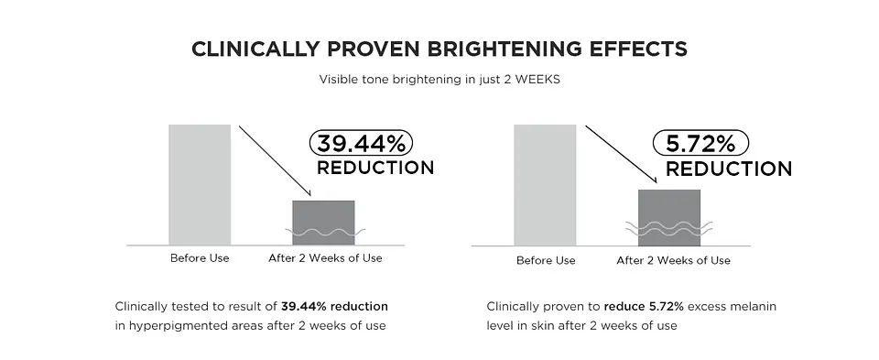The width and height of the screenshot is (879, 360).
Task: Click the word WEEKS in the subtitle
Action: [536, 79]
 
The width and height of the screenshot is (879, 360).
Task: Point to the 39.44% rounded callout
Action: [363, 143]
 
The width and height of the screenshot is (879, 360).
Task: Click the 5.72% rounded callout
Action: [700, 144]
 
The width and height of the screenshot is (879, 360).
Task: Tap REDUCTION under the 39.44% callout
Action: [374, 169]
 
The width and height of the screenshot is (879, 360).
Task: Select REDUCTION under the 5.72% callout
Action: [728, 169]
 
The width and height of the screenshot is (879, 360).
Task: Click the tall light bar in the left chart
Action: [200, 184]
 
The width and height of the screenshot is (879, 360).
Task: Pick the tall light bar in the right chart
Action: [546, 184]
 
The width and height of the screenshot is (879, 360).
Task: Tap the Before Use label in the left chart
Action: [200, 258]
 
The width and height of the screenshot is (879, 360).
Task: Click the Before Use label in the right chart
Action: [546, 260]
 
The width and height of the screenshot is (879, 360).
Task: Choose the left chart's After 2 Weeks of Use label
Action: [325, 258]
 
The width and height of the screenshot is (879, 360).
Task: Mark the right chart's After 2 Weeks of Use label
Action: [673, 260]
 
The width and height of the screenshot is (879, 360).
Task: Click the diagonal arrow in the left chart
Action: [275, 160]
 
